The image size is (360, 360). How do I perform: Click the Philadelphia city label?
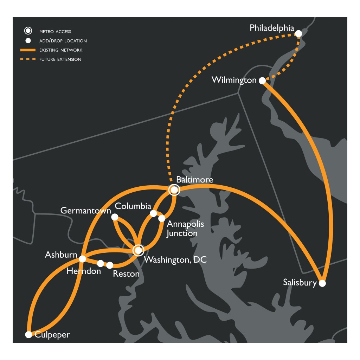271,28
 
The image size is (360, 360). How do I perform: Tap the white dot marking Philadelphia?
298,34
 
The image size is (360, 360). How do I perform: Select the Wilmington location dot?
262,81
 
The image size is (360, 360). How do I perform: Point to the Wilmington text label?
234,80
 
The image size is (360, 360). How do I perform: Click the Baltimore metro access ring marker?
174,190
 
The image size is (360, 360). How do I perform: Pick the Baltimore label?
194,180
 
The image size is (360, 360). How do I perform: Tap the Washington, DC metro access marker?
138,250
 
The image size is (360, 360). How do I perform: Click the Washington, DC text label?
175,260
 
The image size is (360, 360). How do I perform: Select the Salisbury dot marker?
322,283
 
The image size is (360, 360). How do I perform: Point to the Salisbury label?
300,282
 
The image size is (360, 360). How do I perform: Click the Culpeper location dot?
28,335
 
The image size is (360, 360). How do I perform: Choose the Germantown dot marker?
115,217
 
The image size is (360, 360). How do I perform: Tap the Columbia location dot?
153,213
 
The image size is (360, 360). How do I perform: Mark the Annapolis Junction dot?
162,218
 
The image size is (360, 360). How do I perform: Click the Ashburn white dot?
82,259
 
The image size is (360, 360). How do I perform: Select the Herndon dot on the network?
101,263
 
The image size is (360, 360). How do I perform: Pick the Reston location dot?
110,265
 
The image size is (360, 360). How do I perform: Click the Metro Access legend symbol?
28,31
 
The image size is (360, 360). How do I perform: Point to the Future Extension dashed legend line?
28,59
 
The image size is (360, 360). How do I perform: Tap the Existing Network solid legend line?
28,50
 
